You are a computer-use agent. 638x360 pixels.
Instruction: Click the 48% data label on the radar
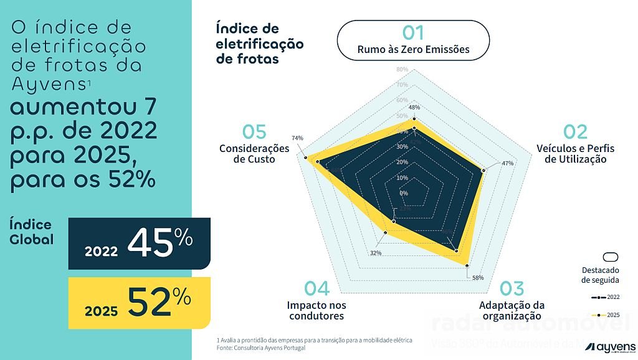(414, 107)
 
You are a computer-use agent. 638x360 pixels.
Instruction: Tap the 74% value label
(297, 138)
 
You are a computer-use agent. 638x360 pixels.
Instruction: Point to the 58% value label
(478, 278)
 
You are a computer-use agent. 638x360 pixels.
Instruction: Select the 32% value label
(375, 253)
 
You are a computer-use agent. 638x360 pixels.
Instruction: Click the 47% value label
(507, 163)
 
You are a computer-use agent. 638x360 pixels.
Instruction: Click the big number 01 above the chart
(413, 33)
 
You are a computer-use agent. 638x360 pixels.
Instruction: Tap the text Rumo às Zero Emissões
(413, 49)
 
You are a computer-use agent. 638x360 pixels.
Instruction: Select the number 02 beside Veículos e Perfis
(575, 132)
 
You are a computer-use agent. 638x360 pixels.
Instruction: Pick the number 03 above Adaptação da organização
(512, 288)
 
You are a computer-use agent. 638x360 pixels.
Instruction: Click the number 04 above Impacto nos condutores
(317, 288)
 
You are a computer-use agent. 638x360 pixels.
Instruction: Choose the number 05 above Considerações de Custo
(254, 132)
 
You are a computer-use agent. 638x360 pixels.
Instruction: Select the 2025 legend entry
(604, 315)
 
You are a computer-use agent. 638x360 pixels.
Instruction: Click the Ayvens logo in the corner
(614, 346)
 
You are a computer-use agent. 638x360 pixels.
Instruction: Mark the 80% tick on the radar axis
(402, 69)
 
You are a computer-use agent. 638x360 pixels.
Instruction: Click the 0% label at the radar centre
(404, 193)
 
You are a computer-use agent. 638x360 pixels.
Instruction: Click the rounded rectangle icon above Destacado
(611, 258)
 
